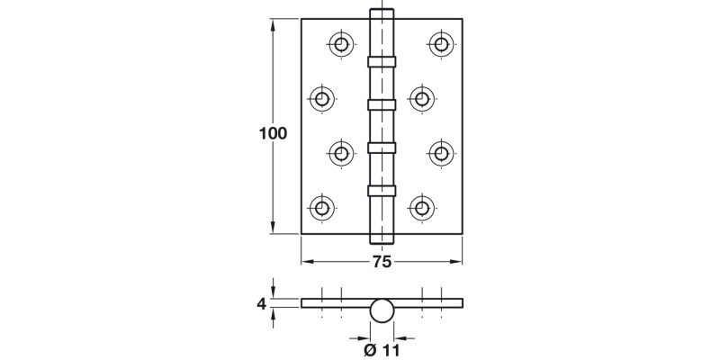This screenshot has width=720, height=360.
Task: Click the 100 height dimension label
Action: pyautogui.click(x=272, y=133)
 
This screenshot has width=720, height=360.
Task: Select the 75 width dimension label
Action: pyautogui.click(x=382, y=262)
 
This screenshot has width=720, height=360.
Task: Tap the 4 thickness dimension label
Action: pyautogui.click(x=262, y=304)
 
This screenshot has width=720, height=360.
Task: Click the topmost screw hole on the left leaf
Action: pyautogui.click(x=341, y=43)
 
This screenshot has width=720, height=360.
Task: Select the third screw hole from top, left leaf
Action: pyautogui.click(x=341, y=153)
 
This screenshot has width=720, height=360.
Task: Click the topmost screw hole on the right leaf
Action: pyautogui.click(x=440, y=43)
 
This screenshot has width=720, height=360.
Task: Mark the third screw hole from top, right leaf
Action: pyautogui.click(x=440, y=153)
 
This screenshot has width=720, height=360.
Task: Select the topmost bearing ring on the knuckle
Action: pyautogui.click(x=382, y=60)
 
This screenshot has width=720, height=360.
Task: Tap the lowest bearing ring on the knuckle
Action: pyautogui.click(x=382, y=190)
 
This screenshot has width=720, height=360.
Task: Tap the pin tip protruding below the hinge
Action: pyautogui.click(x=382, y=239)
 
